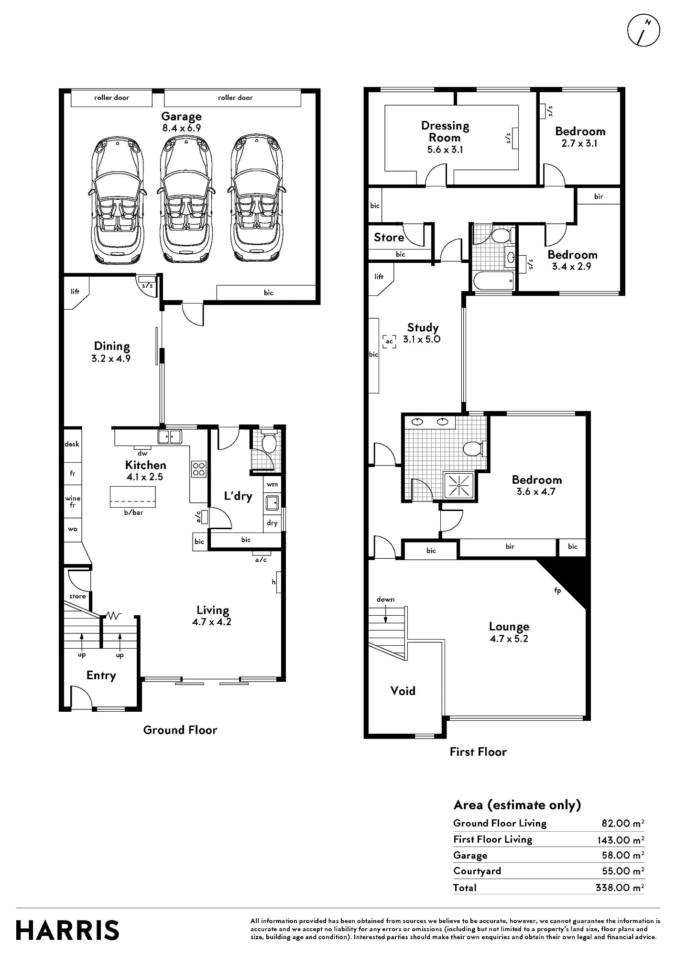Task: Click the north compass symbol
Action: [x=643, y=30]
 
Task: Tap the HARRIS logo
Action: [x=67, y=931]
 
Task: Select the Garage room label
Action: [x=181, y=117]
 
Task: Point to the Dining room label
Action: [x=112, y=346]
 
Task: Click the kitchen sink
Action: [x=170, y=436]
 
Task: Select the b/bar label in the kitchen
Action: [x=133, y=512]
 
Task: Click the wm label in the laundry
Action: [x=272, y=484]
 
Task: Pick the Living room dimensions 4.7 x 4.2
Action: [x=212, y=622]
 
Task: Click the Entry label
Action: [x=101, y=675]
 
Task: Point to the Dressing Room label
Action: [x=445, y=131]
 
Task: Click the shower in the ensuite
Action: [x=459, y=485]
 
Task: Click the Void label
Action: [x=403, y=691]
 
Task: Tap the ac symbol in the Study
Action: [x=390, y=341]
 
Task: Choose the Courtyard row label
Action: [x=477, y=871]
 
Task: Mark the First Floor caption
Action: [x=478, y=752]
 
